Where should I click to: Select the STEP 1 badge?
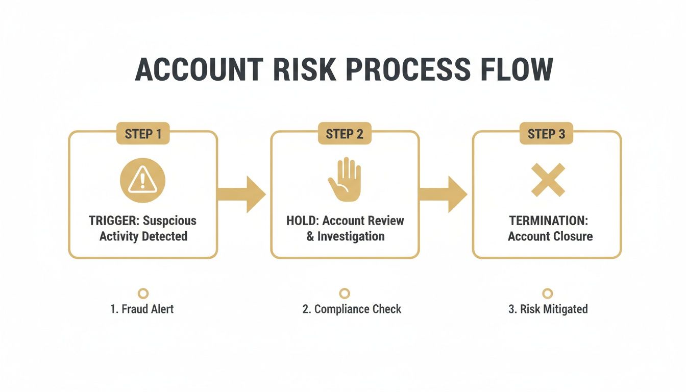[x=143, y=134]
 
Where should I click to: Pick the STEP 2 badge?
[x=345, y=134]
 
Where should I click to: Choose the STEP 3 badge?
[x=546, y=134]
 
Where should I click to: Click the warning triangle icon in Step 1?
[x=143, y=180]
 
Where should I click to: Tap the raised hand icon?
[x=345, y=179]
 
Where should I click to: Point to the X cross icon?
[x=548, y=180]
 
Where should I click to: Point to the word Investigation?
[x=351, y=236]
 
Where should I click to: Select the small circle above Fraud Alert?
[x=143, y=293]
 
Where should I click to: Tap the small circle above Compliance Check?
[x=345, y=293]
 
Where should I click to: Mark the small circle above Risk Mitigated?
[x=547, y=293]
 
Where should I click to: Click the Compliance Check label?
[x=352, y=309]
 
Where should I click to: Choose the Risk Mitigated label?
[x=548, y=309]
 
